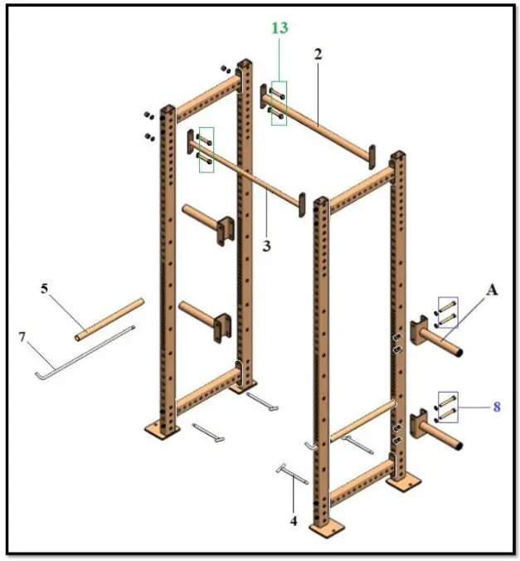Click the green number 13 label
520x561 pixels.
click(279, 28)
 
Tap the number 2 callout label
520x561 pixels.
click(318, 54)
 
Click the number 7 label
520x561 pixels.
click(23, 337)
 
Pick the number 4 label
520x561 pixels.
click(293, 521)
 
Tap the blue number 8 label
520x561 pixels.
click(497, 407)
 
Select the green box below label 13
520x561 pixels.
click(279, 103)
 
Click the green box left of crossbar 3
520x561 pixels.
click(205, 149)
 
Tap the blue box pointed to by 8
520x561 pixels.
click(448, 407)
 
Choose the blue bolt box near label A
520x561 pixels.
click(448, 314)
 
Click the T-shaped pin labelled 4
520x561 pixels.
click(291, 476)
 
